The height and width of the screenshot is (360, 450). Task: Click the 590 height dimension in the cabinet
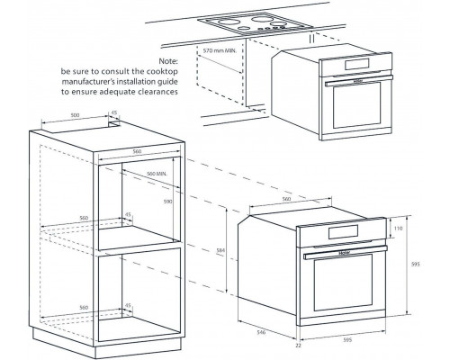coord(166,202)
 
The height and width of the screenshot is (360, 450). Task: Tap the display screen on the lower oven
coord(343,235)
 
